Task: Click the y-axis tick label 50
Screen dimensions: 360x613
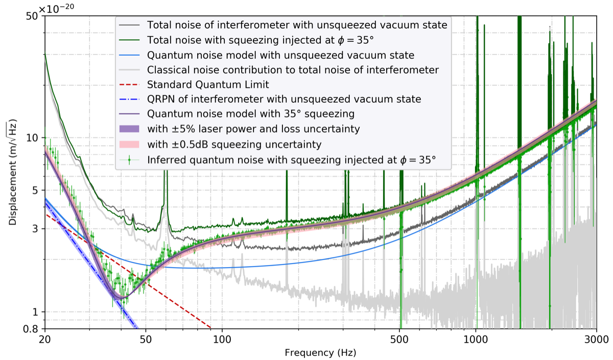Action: pyautogui.click(x=34, y=15)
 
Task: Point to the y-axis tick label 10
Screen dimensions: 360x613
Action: pyautogui.click(x=34, y=138)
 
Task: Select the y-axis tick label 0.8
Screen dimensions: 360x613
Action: pyautogui.click(x=32, y=328)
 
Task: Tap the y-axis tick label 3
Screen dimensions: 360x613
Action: pyautogui.click(x=36, y=229)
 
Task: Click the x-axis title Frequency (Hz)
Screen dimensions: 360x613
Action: pyautogui.click(x=320, y=353)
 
